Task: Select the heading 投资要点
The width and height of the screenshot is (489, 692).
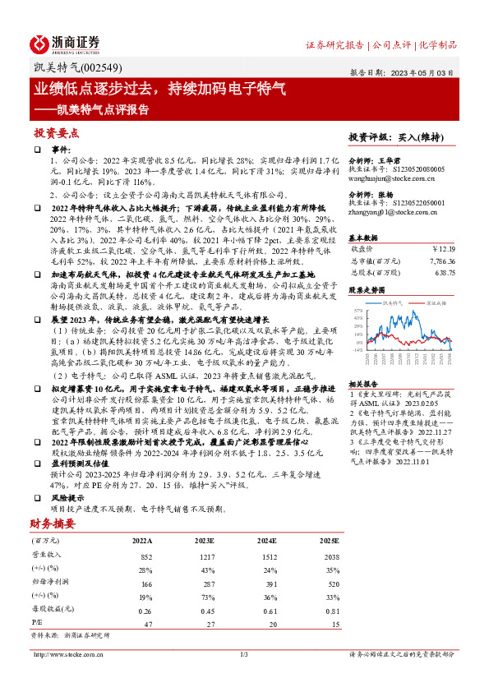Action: (57, 133)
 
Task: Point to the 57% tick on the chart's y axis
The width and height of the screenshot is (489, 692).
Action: (357, 312)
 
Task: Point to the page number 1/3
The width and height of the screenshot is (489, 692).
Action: (243, 654)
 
